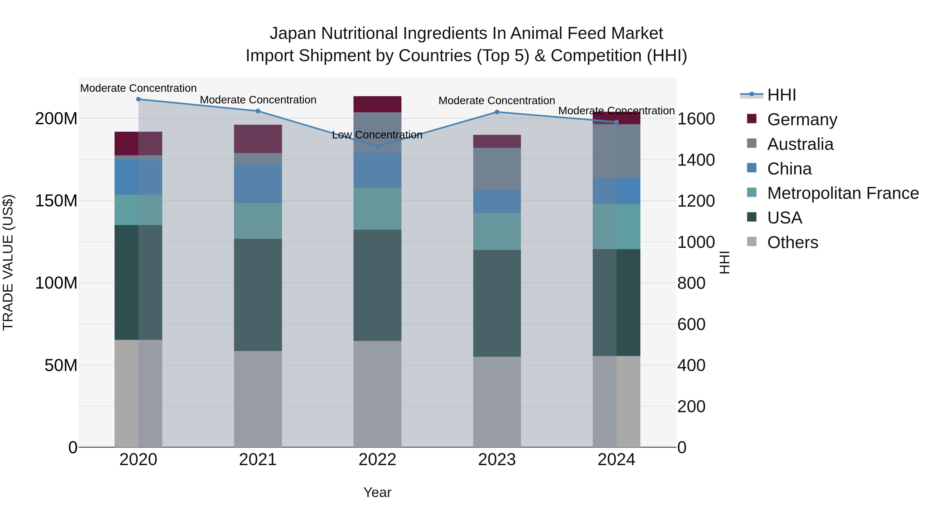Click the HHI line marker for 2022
pyautogui.click(x=377, y=146)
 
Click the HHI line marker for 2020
pyautogui.click(x=138, y=99)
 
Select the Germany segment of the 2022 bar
pyautogui.click(x=377, y=104)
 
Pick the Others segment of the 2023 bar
pyautogui.click(x=497, y=402)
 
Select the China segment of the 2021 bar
pyautogui.click(x=258, y=184)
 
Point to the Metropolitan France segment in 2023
pyautogui.click(x=497, y=231)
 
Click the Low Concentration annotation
pyautogui.click(x=377, y=135)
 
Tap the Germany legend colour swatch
pyautogui.click(x=752, y=119)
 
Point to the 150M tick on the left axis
pyautogui.click(x=56, y=201)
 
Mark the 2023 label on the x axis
pyautogui.click(x=497, y=460)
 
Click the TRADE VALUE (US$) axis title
pyautogui.click(x=8, y=262)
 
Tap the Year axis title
pyautogui.click(x=377, y=492)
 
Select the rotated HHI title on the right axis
pyautogui.click(x=724, y=262)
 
